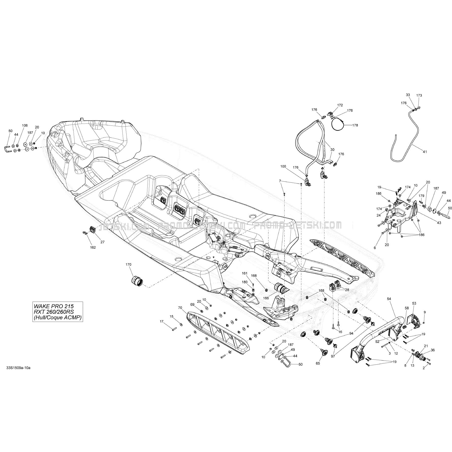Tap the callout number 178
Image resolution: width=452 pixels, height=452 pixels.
coord(355,125)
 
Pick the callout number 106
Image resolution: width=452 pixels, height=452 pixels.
coord(25,126)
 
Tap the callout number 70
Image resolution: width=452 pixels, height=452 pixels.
coord(180,308)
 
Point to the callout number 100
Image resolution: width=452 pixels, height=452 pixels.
coord(283,166)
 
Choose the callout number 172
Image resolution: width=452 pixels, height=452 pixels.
coord(340,105)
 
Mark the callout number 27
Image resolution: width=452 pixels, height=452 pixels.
coord(102,242)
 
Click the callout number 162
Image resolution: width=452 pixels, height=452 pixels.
coord(93,247)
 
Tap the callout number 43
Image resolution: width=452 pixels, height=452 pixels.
coord(439,223)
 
